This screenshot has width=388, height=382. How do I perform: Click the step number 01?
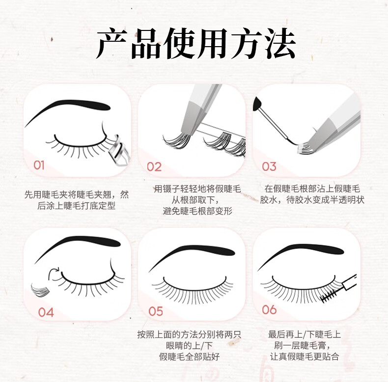[x=39, y=165]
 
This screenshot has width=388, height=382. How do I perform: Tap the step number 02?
[x=154, y=167]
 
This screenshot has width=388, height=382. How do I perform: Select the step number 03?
[x=269, y=166]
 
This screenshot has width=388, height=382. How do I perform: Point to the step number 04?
[x=46, y=312]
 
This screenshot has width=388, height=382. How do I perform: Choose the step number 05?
[x=156, y=311]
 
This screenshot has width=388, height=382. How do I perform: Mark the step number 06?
[x=269, y=310]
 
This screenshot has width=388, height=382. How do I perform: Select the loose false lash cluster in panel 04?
[x=40, y=291]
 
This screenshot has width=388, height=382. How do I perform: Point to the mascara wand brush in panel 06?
[x=329, y=296]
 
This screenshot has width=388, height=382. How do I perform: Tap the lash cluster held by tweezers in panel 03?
[x=305, y=148]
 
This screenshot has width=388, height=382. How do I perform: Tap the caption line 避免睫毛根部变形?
[x=197, y=211]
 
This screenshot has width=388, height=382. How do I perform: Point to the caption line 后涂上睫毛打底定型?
[x=77, y=206]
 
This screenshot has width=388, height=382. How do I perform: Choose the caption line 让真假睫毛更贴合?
[x=305, y=356]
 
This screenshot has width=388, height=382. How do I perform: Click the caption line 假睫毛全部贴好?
[x=189, y=356]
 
